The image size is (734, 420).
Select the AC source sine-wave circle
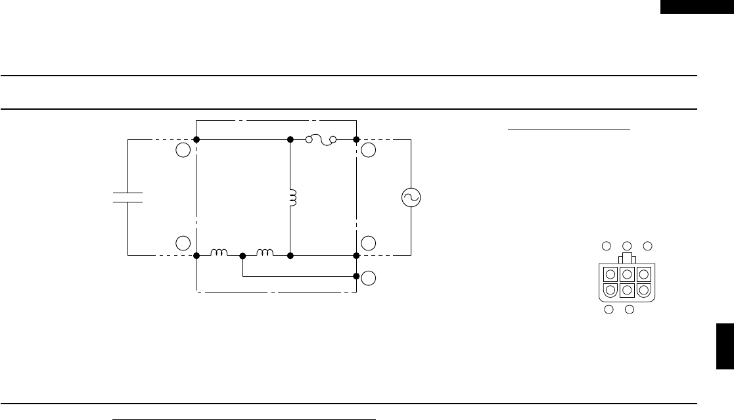click(x=411, y=197)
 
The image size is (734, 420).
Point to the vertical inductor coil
click(x=292, y=197)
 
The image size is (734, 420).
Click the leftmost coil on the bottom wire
click(x=219, y=252)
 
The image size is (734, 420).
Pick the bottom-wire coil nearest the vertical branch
click(x=265, y=252)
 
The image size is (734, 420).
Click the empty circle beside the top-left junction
click(x=183, y=150)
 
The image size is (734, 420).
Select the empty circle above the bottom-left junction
click(x=183, y=243)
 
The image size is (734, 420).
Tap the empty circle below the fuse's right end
click(x=369, y=150)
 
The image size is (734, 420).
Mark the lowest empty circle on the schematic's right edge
click(x=369, y=278)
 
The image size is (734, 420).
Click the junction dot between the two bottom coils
click(x=242, y=255)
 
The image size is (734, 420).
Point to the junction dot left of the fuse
click(x=290, y=139)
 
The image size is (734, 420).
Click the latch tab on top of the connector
click(x=627, y=258)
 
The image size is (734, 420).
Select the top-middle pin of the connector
click(x=627, y=274)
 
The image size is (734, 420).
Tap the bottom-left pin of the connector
click(x=610, y=289)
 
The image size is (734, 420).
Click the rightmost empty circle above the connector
click(x=647, y=246)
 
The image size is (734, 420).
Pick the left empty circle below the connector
click(x=609, y=309)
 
